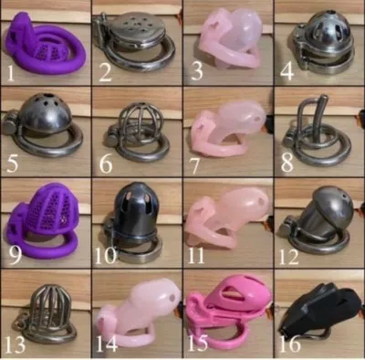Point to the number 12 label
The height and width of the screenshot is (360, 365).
[x=289, y=253]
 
